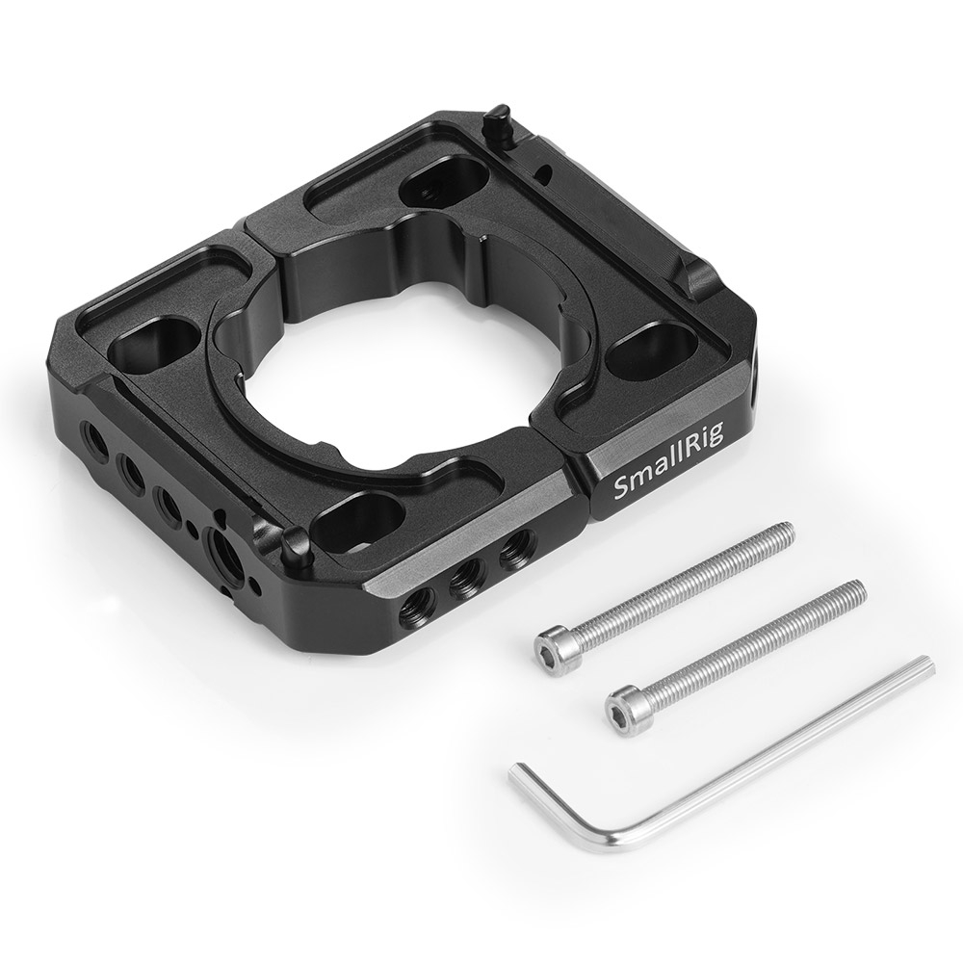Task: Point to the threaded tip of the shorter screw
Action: coord(860,589)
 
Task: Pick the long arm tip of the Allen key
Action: coord(928,664)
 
